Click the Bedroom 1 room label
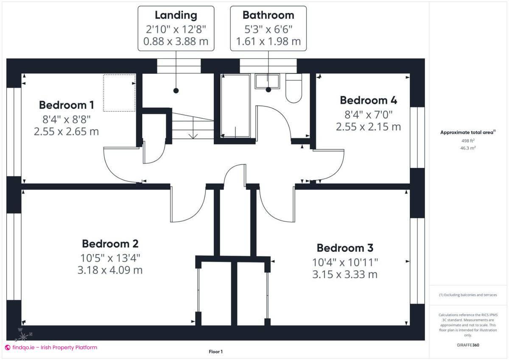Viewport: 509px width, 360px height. pos(66,105)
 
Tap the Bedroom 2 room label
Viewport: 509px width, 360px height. pos(110,244)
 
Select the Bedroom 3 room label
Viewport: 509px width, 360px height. pos(345,248)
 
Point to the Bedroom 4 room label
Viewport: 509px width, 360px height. pos(368,100)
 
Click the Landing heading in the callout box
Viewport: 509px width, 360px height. pos(176,15)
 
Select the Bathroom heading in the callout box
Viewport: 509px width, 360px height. pos(268,15)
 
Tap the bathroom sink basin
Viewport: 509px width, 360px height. pos(267,81)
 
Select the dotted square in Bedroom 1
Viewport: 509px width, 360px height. pos(119,93)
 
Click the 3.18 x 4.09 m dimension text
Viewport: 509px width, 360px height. pos(110,270)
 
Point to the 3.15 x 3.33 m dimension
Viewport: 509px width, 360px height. pos(344,274)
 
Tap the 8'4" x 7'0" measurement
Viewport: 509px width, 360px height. pos(368,114)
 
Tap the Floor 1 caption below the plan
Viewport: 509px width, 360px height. pos(215,352)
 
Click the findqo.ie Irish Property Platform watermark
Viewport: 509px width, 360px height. pos(51,347)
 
